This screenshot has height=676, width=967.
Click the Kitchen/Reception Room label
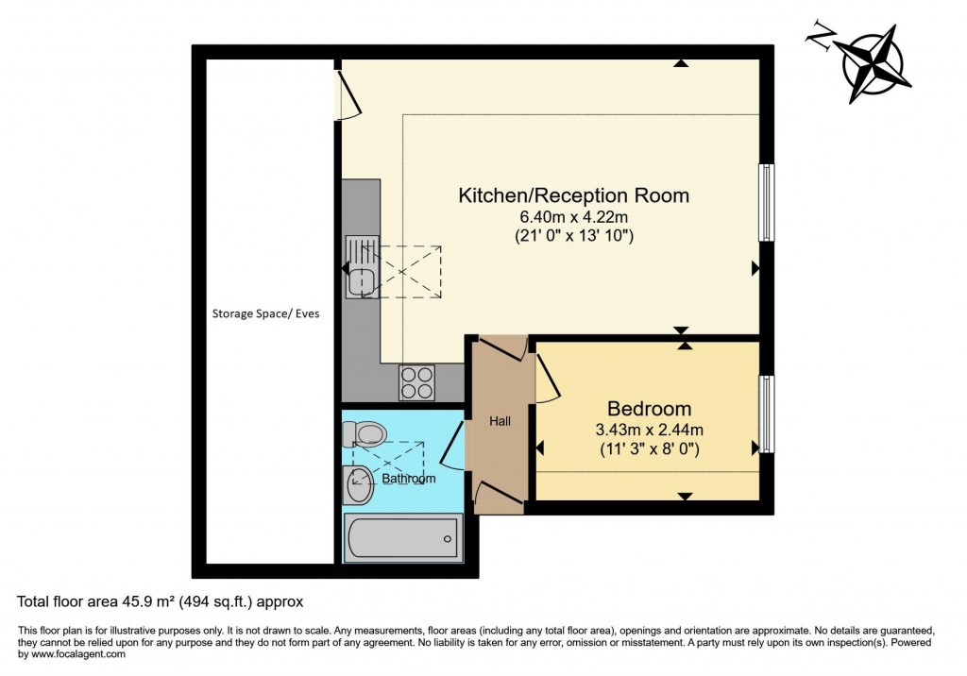(x=573, y=196)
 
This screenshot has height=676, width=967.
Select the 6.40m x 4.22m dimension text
(x=573, y=217)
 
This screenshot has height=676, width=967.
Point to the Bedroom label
(x=649, y=409)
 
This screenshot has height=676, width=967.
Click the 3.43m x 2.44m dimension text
(x=649, y=430)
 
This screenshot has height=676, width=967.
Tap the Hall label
(x=500, y=421)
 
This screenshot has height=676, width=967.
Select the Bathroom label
(x=409, y=479)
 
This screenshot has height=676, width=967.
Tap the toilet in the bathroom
(x=365, y=433)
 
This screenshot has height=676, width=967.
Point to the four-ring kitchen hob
(x=417, y=382)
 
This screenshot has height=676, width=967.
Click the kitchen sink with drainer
(x=361, y=267)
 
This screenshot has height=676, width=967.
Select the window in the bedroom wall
(x=767, y=414)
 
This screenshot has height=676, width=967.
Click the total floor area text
(x=161, y=600)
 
